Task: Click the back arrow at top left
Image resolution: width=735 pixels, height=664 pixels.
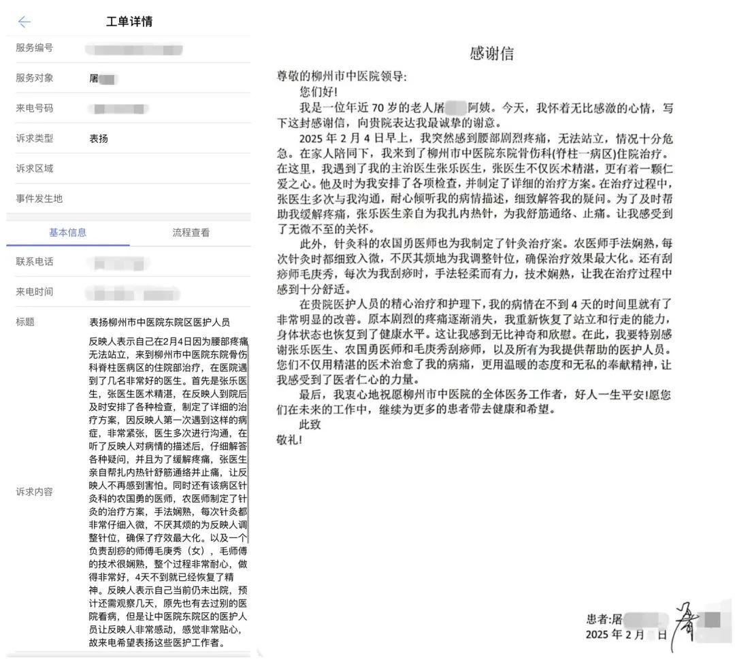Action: tap(24, 22)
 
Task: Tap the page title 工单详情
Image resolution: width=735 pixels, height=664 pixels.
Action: tap(129, 22)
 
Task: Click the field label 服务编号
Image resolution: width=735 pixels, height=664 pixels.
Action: tap(35, 48)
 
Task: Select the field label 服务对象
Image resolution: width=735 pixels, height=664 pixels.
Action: tap(35, 78)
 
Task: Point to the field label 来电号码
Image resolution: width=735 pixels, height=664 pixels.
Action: tap(35, 108)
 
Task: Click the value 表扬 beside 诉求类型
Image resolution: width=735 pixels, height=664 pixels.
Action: tap(99, 139)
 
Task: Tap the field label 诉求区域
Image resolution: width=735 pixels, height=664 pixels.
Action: tap(35, 169)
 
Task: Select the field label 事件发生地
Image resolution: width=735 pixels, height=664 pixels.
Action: tap(39, 199)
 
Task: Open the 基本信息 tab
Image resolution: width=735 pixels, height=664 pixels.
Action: tap(68, 233)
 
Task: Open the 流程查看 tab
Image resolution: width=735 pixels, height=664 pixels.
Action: tap(191, 233)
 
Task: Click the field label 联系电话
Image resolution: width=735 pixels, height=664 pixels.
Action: tap(35, 262)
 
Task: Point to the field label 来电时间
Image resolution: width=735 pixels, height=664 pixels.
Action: tap(35, 292)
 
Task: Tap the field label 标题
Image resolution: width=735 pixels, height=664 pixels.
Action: tap(25, 322)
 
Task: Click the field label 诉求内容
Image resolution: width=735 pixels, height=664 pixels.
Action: tap(35, 491)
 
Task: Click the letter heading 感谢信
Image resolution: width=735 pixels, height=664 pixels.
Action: tap(491, 54)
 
